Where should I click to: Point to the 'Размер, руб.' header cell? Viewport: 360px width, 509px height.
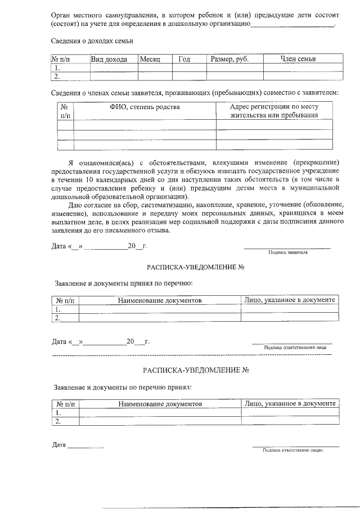click(x=229, y=59)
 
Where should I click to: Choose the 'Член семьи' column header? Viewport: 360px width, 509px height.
click(x=298, y=59)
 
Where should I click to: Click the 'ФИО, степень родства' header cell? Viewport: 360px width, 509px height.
click(x=145, y=107)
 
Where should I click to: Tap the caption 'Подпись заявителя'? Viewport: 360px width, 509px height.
click(x=287, y=253)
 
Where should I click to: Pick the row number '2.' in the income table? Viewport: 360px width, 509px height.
click(x=58, y=76)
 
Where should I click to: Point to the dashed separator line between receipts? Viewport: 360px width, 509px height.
click(x=191, y=355)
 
